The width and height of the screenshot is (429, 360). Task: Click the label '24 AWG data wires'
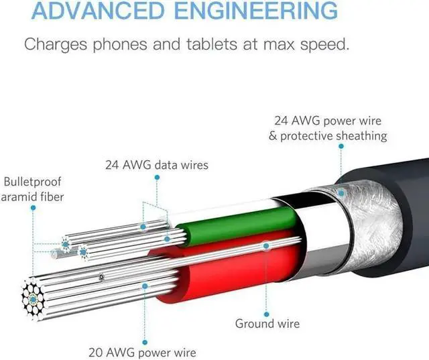156,164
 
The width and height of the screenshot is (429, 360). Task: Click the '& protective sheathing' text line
328,136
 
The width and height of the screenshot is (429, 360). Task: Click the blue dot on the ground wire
266,246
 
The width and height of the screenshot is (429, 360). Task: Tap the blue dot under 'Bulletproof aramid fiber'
33,208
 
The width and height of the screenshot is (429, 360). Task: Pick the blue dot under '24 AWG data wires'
156,178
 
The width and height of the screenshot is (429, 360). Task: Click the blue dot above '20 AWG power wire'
145,286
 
